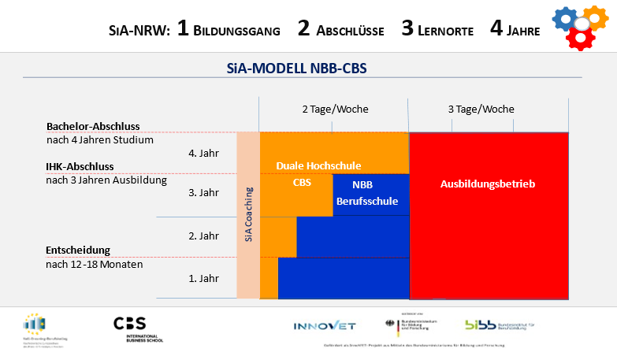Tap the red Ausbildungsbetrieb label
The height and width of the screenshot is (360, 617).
click(488, 184)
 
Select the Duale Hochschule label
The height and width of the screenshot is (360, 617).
click(318, 165)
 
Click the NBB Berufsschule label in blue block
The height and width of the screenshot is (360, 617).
click(366, 193)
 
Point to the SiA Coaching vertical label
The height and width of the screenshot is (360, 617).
click(248, 213)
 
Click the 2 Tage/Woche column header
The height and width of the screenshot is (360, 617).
click(334, 109)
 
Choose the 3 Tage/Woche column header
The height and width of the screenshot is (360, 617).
click(481, 109)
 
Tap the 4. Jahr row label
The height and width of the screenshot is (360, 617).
click(204, 153)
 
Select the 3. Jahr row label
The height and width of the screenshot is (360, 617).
click(204, 192)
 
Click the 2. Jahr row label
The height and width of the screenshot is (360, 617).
click(204, 236)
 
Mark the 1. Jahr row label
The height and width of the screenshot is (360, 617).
click(204, 278)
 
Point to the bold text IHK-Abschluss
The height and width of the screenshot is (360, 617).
click(80, 166)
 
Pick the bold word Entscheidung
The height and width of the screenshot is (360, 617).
click(78, 250)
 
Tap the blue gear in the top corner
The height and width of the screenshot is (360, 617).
click(564, 20)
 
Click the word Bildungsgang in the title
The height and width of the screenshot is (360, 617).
click(236, 32)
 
